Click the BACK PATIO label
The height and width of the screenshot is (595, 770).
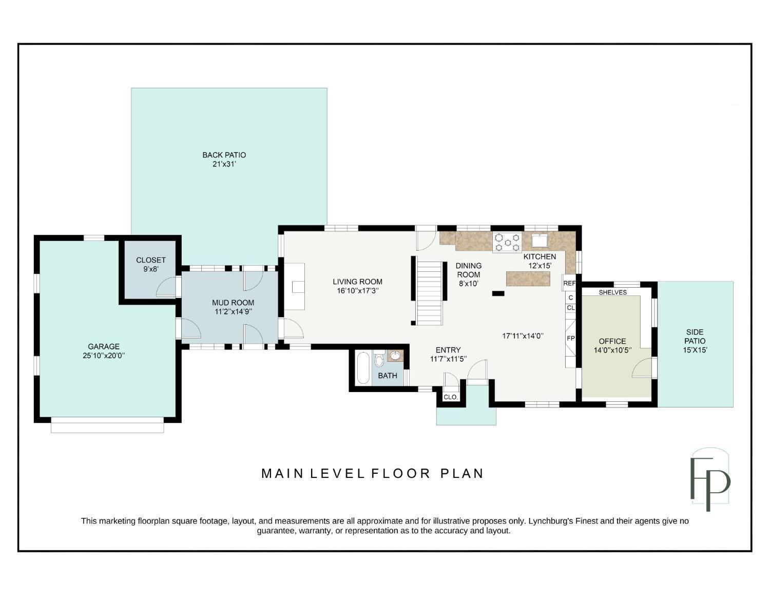coord(224,155)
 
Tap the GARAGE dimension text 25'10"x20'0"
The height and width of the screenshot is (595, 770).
coord(104,355)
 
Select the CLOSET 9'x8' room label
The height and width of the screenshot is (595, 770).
coord(150,265)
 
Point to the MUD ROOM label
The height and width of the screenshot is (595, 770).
coord(233,303)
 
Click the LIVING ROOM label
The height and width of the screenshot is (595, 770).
coord(357,282)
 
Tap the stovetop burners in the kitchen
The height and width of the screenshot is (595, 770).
coord(507,243)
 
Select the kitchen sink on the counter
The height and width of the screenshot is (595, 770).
coord(540,240)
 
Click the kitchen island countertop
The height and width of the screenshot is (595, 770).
coord(528,278)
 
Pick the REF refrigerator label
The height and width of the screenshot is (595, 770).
coord(569,283)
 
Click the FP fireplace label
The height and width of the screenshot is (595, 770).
coord(570,338)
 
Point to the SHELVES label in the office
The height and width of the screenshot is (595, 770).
coord(613,292)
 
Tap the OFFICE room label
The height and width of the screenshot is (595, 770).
coord(612,342)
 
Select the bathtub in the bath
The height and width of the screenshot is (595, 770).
coord(363,368)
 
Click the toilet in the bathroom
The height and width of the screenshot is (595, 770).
coord(379,358)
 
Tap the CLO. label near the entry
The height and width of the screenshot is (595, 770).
coord(450,397)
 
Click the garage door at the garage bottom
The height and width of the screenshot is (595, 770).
coord(107,425)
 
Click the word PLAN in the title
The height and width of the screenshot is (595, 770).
coord(462,474)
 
